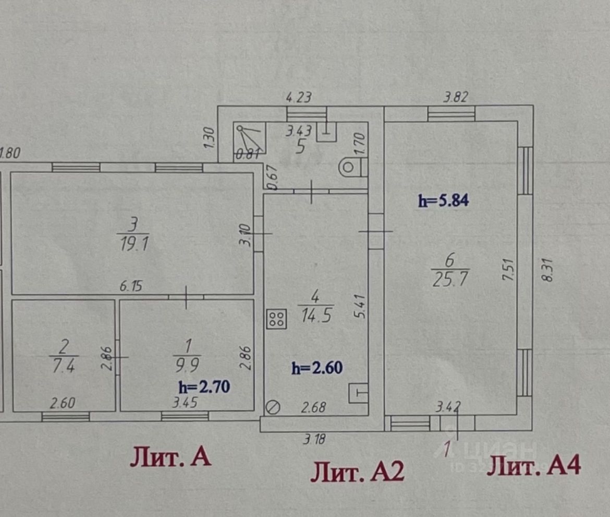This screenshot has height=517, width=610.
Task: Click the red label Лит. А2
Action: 357,473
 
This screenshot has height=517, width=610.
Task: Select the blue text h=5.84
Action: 444,201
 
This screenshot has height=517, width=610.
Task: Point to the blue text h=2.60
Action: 317,368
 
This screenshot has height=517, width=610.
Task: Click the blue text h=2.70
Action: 204,387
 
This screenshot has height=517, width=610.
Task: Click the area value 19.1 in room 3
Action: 132,243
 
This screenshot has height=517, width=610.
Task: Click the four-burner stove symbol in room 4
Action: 277,319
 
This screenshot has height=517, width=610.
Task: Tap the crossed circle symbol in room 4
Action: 273,407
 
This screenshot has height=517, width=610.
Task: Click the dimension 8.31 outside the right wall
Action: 547,271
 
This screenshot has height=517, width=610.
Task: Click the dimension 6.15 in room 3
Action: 131,287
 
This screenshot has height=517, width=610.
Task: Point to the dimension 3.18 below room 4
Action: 314,439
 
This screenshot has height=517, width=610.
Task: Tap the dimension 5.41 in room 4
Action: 357,308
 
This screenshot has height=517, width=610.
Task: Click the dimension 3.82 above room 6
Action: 455,97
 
